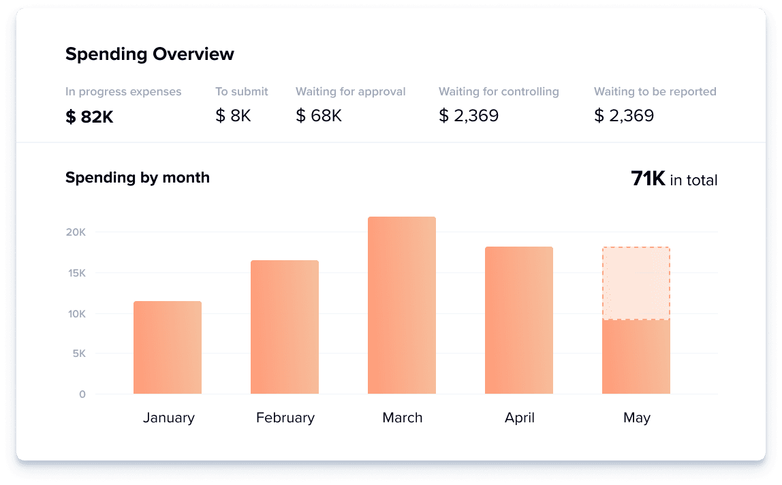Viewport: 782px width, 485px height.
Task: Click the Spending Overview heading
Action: (149, 54)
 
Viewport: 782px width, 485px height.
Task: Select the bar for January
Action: (168, 347)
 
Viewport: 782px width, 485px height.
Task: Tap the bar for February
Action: (285, 327)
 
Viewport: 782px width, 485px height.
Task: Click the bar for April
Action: (519, 320)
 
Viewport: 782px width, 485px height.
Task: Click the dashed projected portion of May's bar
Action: (636, 283)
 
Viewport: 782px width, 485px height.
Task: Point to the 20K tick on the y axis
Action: (76, 232)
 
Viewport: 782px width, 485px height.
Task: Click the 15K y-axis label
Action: (76, 273)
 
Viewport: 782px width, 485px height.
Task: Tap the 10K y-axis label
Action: (76, 314)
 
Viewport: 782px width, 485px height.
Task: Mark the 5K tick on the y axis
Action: (78, 354)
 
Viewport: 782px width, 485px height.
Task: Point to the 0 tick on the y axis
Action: (82, 394)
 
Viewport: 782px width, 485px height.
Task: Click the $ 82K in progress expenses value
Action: (89, 117)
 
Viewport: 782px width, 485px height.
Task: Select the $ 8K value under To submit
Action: (233, 116)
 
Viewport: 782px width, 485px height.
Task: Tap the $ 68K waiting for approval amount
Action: (319, 116)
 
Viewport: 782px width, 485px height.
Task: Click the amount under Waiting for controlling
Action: (469, 116)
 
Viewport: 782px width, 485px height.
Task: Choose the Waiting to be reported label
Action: (655, 91)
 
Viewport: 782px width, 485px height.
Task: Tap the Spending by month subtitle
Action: (138, 178)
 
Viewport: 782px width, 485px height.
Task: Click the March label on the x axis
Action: (402, 418)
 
